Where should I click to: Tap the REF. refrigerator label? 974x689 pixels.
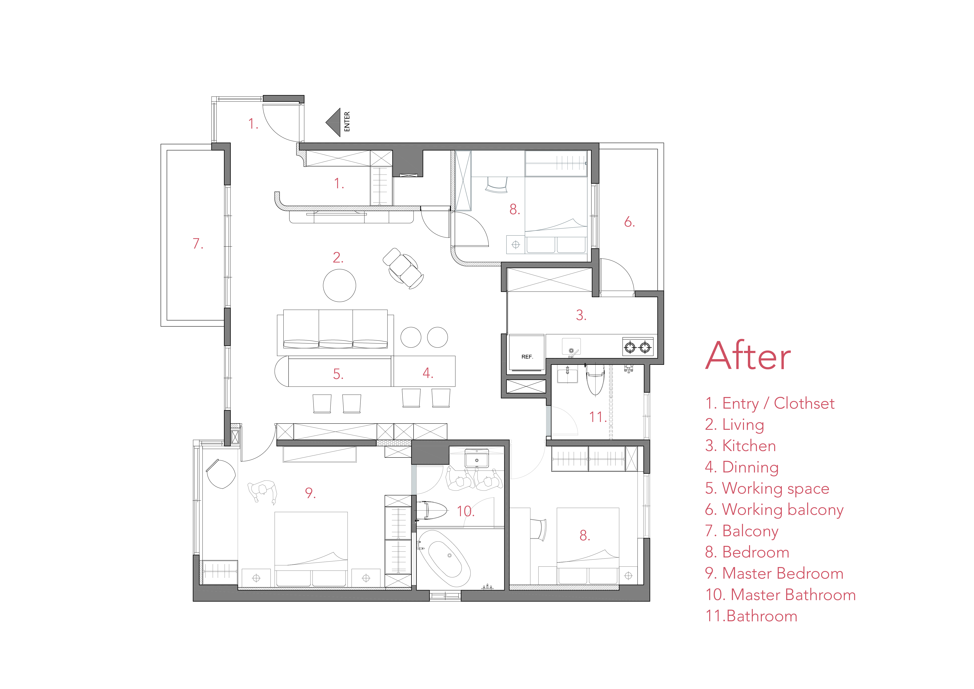click(x=527, y=357)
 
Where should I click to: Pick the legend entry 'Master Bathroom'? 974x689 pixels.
click(x=780, y=595)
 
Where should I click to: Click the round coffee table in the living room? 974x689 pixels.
click(x=339, y=285)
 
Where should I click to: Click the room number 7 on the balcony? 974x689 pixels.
click(x=198, y=243)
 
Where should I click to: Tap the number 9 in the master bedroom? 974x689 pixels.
click(x=310, y=493)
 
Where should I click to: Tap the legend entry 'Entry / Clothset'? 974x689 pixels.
click(x=769, y=404)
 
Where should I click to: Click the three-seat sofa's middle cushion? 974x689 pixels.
click(x=335, y=329)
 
